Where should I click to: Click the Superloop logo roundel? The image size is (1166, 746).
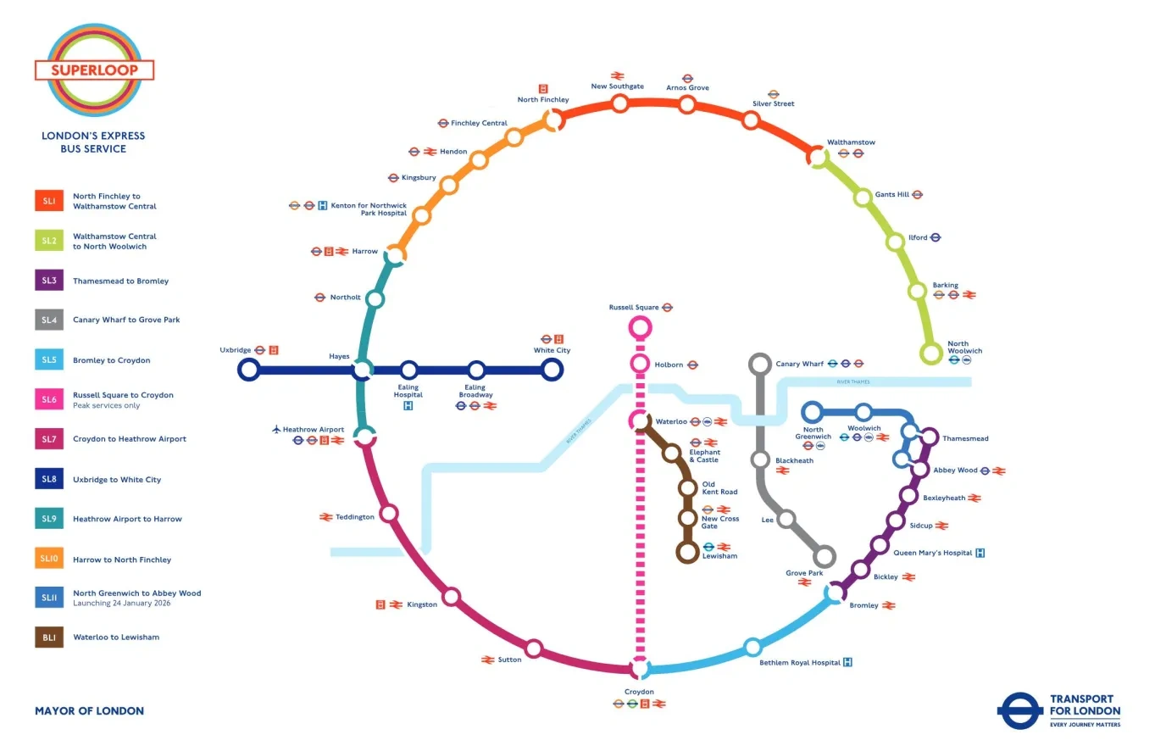click(x=94, y=70)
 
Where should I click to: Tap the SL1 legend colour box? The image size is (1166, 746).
click(x=49, y=201)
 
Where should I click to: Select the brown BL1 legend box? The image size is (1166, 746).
click(x=49, y=637)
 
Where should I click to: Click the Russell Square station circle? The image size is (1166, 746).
click(x=640, y=326)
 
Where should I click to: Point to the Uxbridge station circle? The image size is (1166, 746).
click(x=248, y=370)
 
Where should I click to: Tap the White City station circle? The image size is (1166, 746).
click(x=552, y=370)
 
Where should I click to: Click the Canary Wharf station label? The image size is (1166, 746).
click(x=799, y=364)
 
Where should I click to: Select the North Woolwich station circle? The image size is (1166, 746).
click(x=931, y=354)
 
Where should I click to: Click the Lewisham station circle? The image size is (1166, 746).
click(x=687, y=552)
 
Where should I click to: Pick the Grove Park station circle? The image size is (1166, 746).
click(x=824, y=557)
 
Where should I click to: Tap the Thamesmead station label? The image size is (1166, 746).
click(x=965, y=438)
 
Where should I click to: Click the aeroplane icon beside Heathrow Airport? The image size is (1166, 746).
click(x=276, y=430)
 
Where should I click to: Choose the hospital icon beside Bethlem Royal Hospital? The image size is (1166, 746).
click(x=847, y=662)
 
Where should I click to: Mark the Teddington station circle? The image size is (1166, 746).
click(x=389, y=513)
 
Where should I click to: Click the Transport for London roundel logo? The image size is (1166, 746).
click(x=1019, y=711)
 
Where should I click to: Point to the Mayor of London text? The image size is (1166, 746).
click(x=89, y=711)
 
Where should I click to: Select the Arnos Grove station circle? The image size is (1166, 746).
click(x=687, y=104)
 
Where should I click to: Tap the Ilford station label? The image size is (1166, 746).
click(x=918, y=237)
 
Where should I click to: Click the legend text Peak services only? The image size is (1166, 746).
click(x=106, y=406)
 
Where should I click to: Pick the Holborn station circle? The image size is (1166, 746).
click(x=640, y=364)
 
